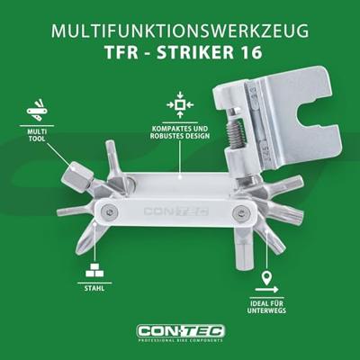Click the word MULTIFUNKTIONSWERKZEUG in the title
(180, 31)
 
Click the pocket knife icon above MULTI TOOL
(37, 109)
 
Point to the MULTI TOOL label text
(37, 135)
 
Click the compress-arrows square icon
(180, 104)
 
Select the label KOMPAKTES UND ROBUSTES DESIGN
(180, 132)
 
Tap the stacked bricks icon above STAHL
(94, 270)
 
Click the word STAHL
(94, 288)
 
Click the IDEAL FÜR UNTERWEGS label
(266, 307)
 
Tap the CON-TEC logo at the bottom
(181, 331)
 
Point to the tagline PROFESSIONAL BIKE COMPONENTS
(181, 340)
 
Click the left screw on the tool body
(108, 212)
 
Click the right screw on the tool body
(240, 213)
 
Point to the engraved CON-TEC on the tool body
(176, 211)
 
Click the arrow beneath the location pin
(266, 290)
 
